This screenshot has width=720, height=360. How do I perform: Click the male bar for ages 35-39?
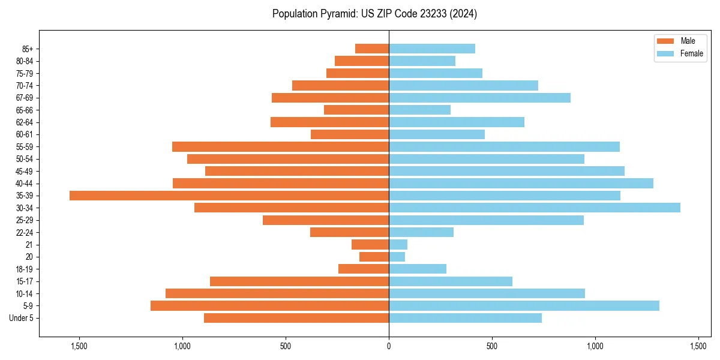229,196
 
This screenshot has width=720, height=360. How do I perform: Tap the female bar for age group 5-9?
524,305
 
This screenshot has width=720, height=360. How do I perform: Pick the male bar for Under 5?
296,318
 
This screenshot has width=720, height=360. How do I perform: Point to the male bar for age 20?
374,257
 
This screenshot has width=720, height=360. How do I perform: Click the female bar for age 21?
398,244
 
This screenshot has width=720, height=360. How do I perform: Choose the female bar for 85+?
432,49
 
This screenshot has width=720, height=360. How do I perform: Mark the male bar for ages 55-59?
280,146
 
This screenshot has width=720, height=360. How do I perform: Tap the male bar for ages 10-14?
277,293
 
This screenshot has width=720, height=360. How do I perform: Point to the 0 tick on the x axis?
389,346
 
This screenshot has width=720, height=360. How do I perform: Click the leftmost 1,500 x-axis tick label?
79,346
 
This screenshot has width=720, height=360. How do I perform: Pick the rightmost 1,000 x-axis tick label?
595,346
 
